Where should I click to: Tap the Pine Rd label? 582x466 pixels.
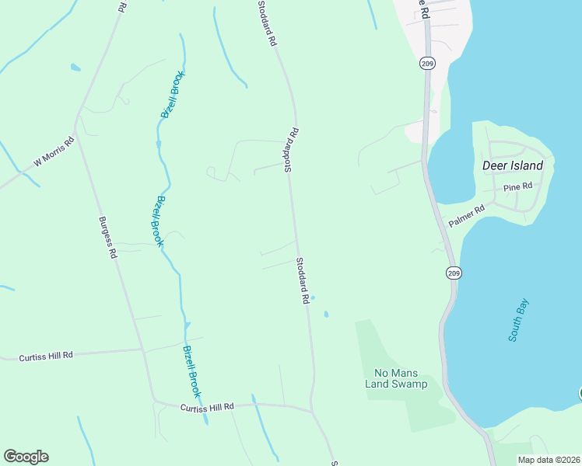(x=517, y=187)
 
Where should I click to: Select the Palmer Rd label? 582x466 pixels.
(x=467, y=216)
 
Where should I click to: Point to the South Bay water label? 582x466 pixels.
(x=518, y=320)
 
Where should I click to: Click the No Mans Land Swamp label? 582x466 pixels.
(x=401, y=378)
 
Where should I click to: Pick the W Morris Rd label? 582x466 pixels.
(x=53, y=153)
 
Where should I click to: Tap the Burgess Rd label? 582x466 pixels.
(x=107, y=238)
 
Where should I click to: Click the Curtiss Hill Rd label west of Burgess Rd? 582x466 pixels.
(x=46, y=356)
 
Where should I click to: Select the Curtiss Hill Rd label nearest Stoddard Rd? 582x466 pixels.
(x=207, y=407)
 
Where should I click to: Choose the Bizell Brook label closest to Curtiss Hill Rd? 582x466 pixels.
(x=191, y=371)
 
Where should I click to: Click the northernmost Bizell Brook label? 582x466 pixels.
(x=172, y=94)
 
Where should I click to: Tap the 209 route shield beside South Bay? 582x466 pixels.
(x=453, y=272)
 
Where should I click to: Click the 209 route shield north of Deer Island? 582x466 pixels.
(x=427, y=63)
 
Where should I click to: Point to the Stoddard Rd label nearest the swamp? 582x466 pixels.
(x=303, y=280)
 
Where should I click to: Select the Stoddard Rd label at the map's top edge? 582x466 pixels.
(x=267, y=23)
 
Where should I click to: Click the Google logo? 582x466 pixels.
(x=26, y=457)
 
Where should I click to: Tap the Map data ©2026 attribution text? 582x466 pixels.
(x=549, y=460)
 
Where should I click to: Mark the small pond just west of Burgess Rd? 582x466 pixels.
(x=75, y=68)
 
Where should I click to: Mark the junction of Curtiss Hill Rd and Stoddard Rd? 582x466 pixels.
(x=311, y=409)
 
